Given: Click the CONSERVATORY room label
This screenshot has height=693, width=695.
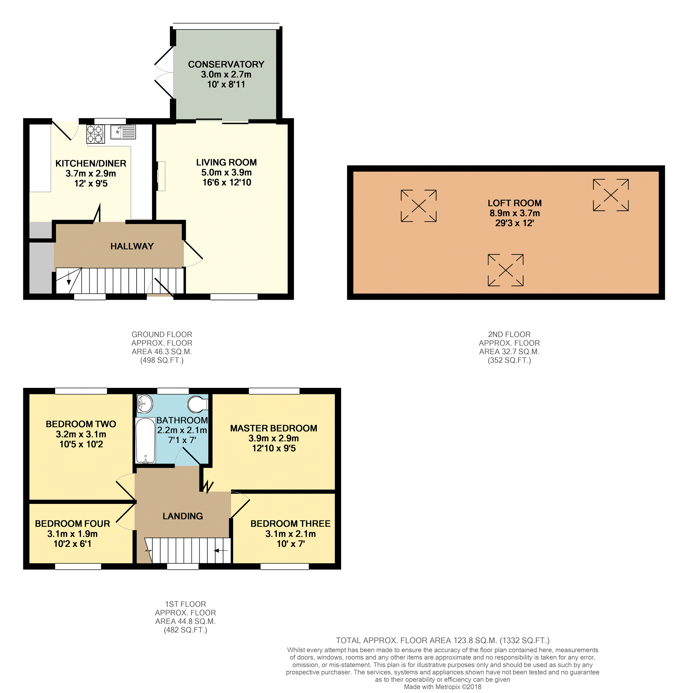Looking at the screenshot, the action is pyautogui.click(x=226, y=65).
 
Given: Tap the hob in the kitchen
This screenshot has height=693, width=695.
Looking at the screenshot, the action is pyautogui.click(x=95, y=134).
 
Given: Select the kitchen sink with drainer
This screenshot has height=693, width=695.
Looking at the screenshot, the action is pyautogui.click(x=123, y=132).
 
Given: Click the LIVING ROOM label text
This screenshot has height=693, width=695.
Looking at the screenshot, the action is pyautogui.click(x=226, y=162).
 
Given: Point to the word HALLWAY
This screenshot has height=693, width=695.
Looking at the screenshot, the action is pyautogui.click(x=132, y=246).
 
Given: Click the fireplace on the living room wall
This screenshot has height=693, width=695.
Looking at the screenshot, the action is pyautogui.click(x=161, y=176).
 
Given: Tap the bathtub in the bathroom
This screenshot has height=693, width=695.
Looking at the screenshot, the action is pyautogui.click(x=145, y=440).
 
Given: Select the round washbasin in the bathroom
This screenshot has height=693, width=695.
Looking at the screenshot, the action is pyautogui.click(x=145, y=403).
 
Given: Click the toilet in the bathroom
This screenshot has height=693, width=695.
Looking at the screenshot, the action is pyautogui.click(x=198, y=404).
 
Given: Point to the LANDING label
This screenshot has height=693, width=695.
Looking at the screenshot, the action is pyautogui.click(x=183, y=516).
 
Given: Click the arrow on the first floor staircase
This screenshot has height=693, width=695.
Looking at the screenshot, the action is pyautogui.click(x=221, y=551).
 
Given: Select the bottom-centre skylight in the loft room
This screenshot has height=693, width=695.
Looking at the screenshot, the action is pyautogui.click(x=506, y=270).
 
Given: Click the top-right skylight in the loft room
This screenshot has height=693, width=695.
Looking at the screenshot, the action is pyautogui.click(x=611, y=195).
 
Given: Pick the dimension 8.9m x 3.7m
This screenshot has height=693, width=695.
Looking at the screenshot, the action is pyautogui.click(x=514, y=213).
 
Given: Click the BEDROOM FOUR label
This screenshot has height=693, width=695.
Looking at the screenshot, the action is pyautogui.click(x=72, y=523).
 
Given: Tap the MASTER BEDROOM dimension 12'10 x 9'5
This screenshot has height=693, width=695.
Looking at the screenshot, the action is pyautogui.click(x=274, y=448).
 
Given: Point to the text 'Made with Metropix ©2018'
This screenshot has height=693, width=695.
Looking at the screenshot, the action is pyautogui.click(x=442, y=687).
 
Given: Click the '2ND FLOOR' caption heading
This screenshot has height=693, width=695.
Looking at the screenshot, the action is pyautogui.click(x=509, y=334).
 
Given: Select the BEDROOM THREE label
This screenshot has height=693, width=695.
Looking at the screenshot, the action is pyautogui.click(x=290, y=523).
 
